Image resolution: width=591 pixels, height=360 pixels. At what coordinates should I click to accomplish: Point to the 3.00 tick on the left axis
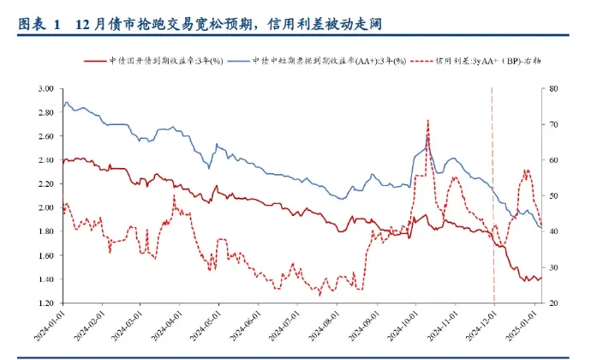click(x=45, y=88)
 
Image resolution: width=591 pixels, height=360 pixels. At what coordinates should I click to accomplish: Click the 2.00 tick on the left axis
click(x=45, y=207)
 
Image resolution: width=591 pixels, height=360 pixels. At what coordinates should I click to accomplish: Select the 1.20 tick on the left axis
click(x=45, y=303)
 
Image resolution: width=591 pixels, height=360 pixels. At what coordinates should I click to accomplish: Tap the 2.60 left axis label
click(x=45, y=136)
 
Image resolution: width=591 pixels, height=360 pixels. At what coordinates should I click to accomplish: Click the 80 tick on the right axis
click(x=554, y=88)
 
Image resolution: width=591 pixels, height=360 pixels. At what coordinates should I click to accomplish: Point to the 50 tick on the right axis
click(x=554, y=195)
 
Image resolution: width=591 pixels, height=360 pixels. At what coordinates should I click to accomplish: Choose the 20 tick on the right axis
click(x=554, y=303)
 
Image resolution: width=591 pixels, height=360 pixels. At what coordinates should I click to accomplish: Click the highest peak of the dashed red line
click(x=427, y=121)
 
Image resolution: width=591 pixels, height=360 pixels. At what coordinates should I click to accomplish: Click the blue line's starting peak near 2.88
click(x=67, y=103)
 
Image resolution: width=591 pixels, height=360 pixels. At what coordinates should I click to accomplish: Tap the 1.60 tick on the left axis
click(x=45, y=255)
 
